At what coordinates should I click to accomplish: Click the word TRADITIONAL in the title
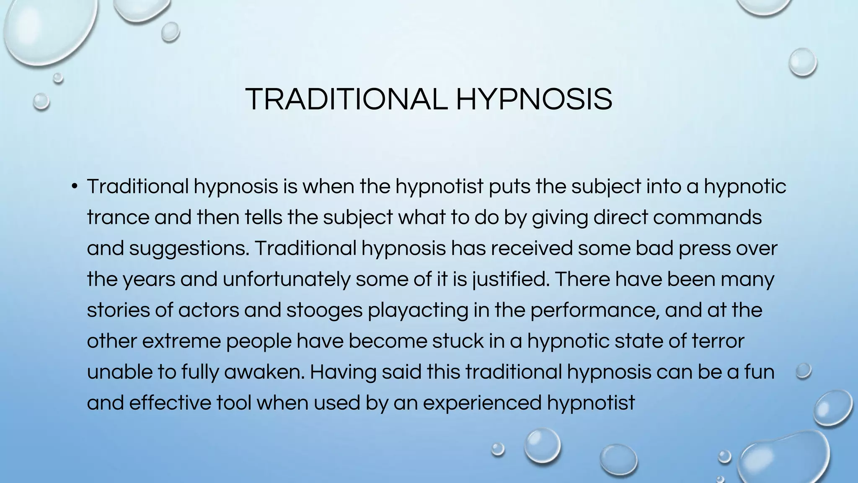click(x=346, y=99)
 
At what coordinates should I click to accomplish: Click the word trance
click(x=118, y=217)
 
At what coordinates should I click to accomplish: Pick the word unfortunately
click(x=286, y=279)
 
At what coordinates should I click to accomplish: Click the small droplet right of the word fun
click(x=804, y=371)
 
